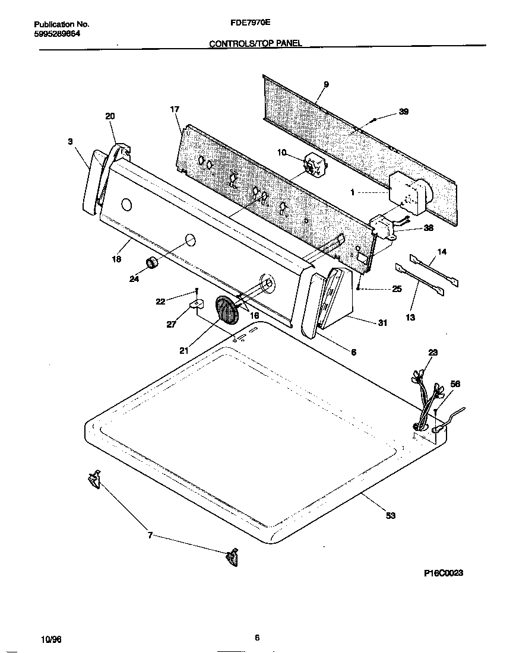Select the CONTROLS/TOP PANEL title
[x=256, y=43]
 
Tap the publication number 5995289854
[x=57, y=33]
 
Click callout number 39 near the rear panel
[x=404, y=112]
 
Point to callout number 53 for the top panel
[x=390, y=515]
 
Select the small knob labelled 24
[x=152, y=264]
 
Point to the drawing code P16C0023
[x=444, y=573]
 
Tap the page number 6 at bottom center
[x=256, y=638]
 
